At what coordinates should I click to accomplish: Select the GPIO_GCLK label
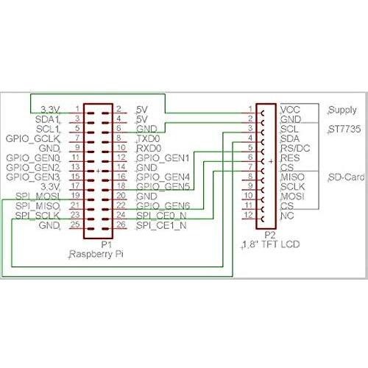coord(34,138)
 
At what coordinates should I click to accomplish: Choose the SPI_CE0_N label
coord(162,215)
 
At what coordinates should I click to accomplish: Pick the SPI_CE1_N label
coord(162,224)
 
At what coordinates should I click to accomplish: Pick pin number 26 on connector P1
coord(120,224)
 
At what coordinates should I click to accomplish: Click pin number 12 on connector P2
coord(250,215)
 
